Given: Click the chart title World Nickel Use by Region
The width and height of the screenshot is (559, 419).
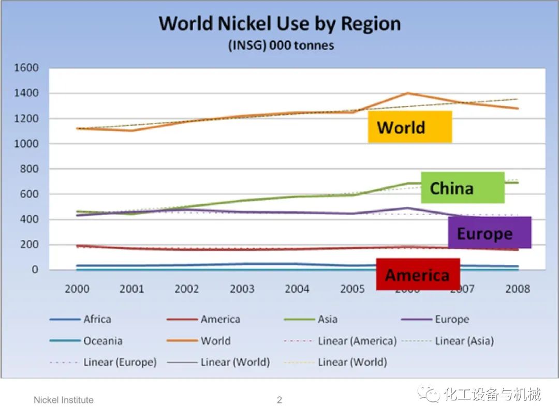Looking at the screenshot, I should click(x=279, y=24).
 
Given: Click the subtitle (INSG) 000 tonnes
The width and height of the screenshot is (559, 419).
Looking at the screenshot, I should click(x=281, y=46).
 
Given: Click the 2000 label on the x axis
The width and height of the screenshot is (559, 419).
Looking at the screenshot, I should click(x=77, y=289).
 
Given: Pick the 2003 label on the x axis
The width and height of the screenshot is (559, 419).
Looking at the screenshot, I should click(x=242, y=289).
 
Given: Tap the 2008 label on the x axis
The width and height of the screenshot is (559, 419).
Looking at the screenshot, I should click(x=517, y=289).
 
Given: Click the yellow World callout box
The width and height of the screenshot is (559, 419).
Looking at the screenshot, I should click(x=409, y=127).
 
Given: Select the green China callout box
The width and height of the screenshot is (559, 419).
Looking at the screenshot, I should click(x=463, y=188).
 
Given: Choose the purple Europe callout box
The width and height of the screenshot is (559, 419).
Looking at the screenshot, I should click(x=489, y=233).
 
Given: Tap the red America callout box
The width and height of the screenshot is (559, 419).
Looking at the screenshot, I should click(x=418, y=274).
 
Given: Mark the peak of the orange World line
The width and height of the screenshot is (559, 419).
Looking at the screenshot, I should click(x=407, y=93).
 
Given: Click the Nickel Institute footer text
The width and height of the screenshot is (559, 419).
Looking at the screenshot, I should click(x=64, y=400).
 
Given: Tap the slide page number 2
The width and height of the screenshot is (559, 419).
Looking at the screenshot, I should click(x=279, y=400).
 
